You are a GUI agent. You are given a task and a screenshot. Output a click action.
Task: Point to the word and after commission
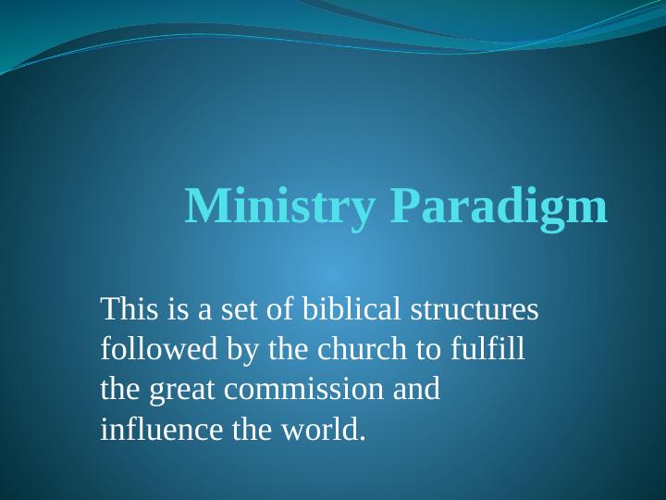(417, 390)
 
